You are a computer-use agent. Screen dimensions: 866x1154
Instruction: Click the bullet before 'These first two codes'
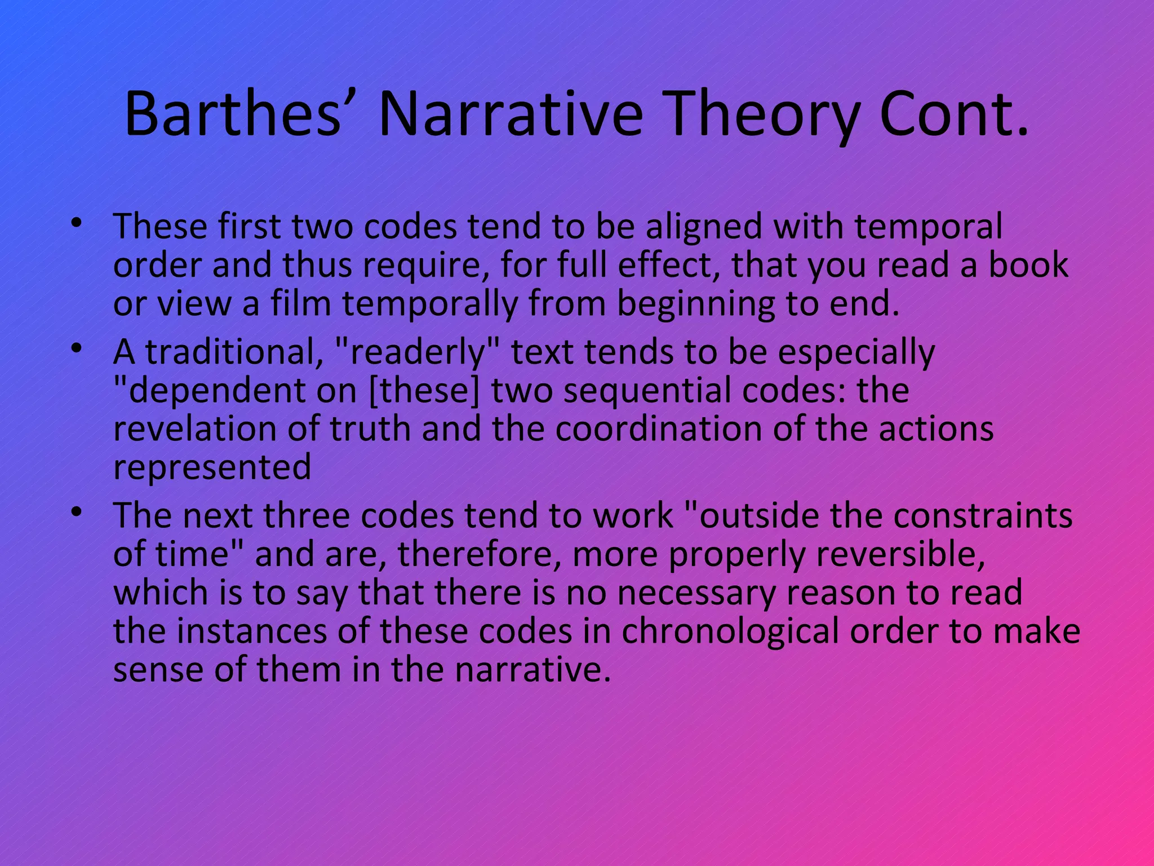(77, 224)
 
